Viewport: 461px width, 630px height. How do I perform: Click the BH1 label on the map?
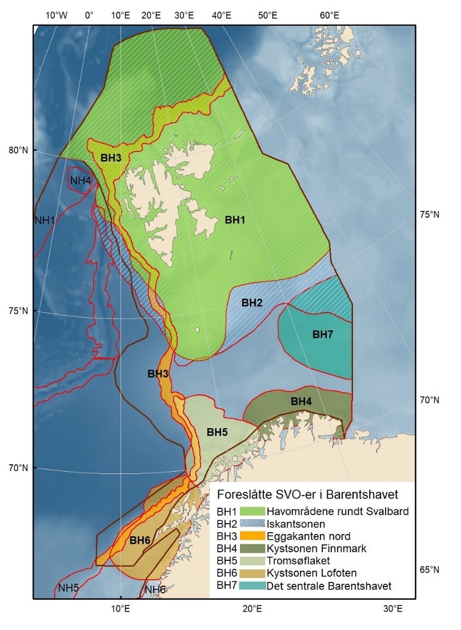tap(235, 220)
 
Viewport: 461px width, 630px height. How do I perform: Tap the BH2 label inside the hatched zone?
tap(251, 303)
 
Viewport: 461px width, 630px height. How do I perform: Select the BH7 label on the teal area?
tap(322, 334)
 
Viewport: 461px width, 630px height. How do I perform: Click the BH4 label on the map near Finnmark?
tap(301, 402)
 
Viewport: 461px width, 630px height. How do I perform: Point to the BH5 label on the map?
tap(217, 432)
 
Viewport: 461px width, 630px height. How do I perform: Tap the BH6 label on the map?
tap(140, 540)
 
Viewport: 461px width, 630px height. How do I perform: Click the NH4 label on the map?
tap(81, 181)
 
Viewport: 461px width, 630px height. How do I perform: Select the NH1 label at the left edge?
tap(45, 220)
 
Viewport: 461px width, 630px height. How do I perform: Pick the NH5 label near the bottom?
tap(69, 587)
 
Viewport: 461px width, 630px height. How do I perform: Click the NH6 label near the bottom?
tap(155, 589)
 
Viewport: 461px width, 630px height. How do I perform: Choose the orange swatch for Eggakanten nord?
tap(252, 536)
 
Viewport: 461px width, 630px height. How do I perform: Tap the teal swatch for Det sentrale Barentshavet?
tap(252, 585)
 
